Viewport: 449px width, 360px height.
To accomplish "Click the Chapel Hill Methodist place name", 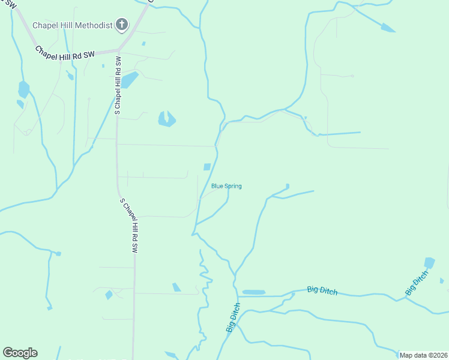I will point(73,25).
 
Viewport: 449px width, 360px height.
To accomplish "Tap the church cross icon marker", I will point(122,25).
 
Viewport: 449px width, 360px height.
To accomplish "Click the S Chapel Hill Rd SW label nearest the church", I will point(118,86).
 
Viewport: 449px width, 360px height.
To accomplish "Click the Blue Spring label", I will point(226,187).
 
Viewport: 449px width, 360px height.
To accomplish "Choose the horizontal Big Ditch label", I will point(322,290).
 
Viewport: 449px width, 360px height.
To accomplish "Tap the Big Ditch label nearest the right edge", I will point(417,283).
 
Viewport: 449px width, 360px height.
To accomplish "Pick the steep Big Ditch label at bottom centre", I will point(233,318).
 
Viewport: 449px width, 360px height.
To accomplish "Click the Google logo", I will point(20,353).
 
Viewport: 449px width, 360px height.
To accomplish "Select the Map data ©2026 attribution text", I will point(423,355).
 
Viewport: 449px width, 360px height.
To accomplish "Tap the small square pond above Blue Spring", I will point(207,167).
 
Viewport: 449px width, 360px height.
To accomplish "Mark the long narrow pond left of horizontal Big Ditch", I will point(253,292).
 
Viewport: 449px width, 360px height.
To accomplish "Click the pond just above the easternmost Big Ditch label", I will point(429,263).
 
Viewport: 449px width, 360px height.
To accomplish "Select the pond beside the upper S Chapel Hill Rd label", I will point(130,80).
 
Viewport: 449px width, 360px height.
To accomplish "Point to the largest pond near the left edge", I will point(23,89).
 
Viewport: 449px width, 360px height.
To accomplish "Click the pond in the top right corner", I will point(388,28).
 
